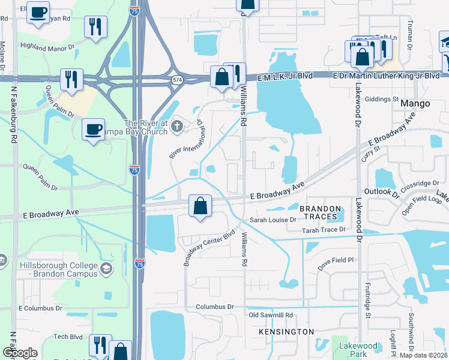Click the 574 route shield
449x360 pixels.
tap(176, 79)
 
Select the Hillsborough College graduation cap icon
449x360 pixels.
tap(106, 268)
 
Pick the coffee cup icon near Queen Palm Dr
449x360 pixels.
tap(94, 129)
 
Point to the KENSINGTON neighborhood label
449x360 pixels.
tap(286, 331)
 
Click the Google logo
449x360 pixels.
tap(19, 353)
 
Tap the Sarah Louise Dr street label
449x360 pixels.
tap(274, 220)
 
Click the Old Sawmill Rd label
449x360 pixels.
tap(271, 315)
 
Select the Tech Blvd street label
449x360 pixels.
tap(68, 337)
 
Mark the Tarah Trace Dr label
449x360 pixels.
tap(325, 230)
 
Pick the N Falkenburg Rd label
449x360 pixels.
tap(13, 114)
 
